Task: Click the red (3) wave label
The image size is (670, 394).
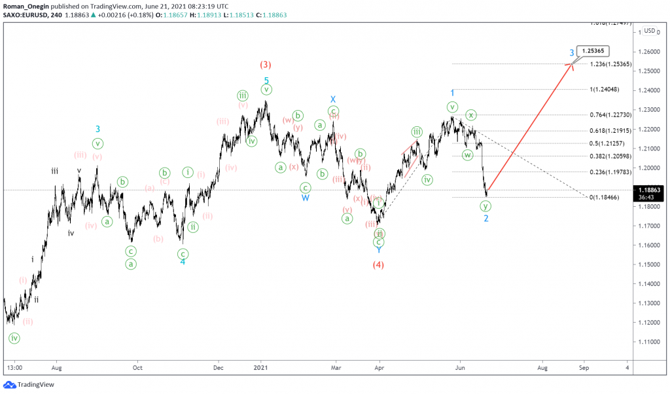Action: click(x=266, y=65)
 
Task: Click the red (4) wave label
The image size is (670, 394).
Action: click(x=378, y=265)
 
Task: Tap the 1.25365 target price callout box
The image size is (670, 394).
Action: click(x=594, y=50)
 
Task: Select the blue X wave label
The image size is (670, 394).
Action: click(x=333, y=99)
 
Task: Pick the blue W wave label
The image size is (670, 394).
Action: click(x=306, y=197)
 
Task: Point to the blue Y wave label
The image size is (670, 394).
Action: click(x=378, y=250)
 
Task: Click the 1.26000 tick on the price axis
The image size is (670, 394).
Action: click(x=648, y=51)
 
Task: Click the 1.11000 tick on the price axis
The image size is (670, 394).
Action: click(x=648, y=342)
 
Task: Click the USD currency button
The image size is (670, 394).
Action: click(x=649, y=31)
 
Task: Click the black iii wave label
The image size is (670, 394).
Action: click(x=55, y=171)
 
